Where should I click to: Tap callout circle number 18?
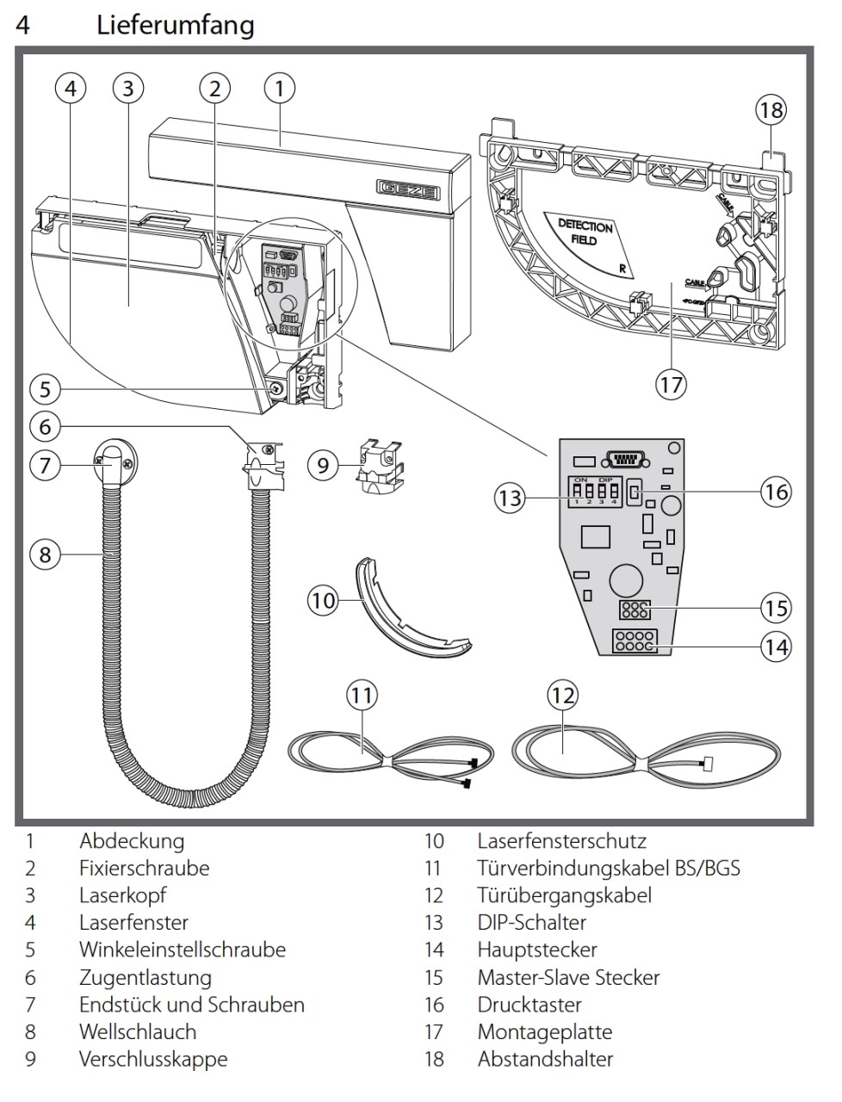click(771, 110)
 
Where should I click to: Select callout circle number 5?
click(46, 388)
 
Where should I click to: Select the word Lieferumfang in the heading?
click(176, 24)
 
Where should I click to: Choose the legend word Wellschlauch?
click(138, 1031)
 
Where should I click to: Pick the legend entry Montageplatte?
click(545, 1031)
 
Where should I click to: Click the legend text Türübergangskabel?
click(564, 895)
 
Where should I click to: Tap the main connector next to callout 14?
click(635, 641)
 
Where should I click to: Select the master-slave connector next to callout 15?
click(634, 610)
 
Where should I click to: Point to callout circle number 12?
click(561, 695)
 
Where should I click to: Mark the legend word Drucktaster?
click(529, 1004)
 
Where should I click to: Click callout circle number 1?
click(279, 87)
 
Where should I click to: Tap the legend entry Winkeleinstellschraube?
click(183, 950)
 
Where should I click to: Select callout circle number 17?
click(671, 383)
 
